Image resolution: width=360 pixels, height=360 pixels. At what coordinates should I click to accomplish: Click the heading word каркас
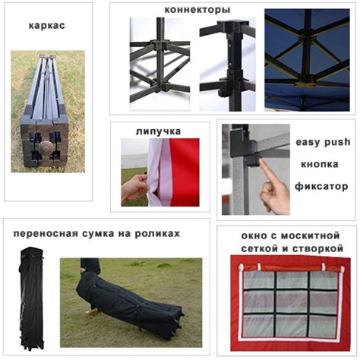pyautogui.click(x=47, y=26)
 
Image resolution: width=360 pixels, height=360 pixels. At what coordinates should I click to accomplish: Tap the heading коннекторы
pyautogui.click(x=197, y=10)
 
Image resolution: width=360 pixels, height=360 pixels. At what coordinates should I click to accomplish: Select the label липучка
pyautogui.click(x=159, y=131)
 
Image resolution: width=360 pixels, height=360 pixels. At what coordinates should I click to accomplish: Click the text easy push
pyautogui.click(x=323, y=142)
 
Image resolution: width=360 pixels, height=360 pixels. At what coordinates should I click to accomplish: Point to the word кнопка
pyautogui.click(x=320, y=164)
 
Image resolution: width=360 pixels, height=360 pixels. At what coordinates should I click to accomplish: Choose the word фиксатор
pyautogui.click(x=321, y=187)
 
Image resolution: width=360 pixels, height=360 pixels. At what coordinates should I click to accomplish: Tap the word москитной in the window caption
pyautogui.click(x=310, y=236)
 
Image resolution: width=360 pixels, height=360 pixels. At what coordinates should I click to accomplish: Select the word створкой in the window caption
pyautogui.click(x=317, y=248)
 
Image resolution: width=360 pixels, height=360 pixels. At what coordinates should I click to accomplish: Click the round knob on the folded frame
pyautogui.click(x=46, y=149)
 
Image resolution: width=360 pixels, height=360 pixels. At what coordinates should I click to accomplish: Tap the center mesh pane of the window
pyautogui.click(x=292, y=302)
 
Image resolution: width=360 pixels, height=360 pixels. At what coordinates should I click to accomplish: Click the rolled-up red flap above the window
pyautogui.click(x=291, y=268)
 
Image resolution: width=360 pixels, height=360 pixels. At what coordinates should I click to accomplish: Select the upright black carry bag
pyautogui.click(x=32, y=298)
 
